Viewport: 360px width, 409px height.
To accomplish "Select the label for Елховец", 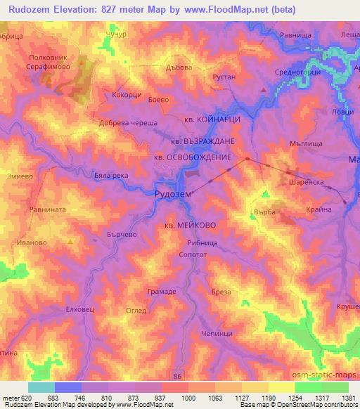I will pos(78,307).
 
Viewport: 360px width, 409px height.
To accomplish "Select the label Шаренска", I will pos(306,180).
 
